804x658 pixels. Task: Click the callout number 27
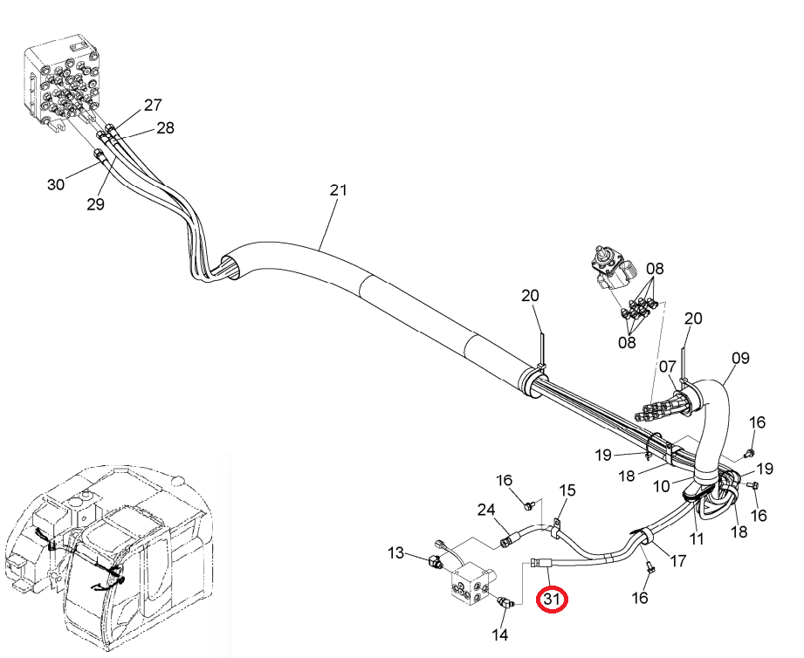[x=153, y=105]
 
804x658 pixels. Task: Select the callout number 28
[x=165, y=127]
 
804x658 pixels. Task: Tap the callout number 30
[x=56, y=184]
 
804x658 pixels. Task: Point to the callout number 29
[x=95, y=204]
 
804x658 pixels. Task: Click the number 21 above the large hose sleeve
[x=338, y=190]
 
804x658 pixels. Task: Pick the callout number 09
[x=740, y=358]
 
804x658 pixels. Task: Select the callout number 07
[x=668, y=367]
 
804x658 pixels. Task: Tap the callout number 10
[x=662, y=486]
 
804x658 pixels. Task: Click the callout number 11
[x=696, y=538]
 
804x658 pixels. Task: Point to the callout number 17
[x=678, y=561]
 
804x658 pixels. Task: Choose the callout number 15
[x=567, y=490]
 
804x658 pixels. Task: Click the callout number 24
[x=486, y=510]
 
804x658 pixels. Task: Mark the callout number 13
[x=395, y=553]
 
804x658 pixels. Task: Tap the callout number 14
[x=500, y=634]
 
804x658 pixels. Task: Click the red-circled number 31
[x=551, y=599]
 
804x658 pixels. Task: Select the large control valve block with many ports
[x=61, y=85]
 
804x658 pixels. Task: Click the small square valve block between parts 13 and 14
[x=471, y=586]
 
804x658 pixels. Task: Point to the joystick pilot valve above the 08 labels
[x=612, y=269]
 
